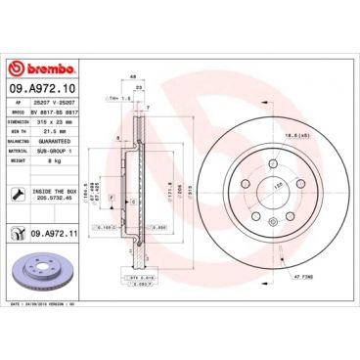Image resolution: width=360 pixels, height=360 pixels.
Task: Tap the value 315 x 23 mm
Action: pyautogui.click(x=54, y=122)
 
